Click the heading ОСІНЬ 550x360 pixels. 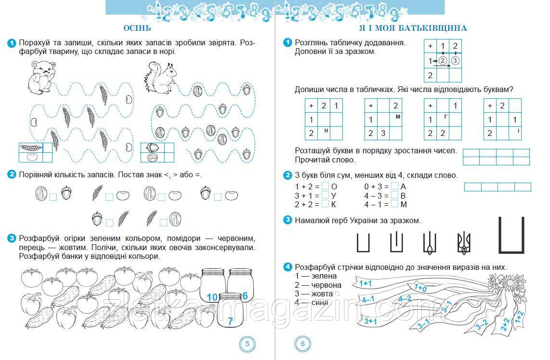point(137,28)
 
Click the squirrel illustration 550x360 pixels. point(161,78)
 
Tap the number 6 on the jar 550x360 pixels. point(245,295)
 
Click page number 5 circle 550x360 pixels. point(247,344)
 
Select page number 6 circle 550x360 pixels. point(303,344)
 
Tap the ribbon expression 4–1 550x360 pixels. point(368,300)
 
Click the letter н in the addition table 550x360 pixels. point(326,130)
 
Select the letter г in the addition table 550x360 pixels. point(445,117)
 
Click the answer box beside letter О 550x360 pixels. point(325,186)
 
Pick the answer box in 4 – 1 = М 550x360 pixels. point(395,204)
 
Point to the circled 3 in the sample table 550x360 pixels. point(456,60)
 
